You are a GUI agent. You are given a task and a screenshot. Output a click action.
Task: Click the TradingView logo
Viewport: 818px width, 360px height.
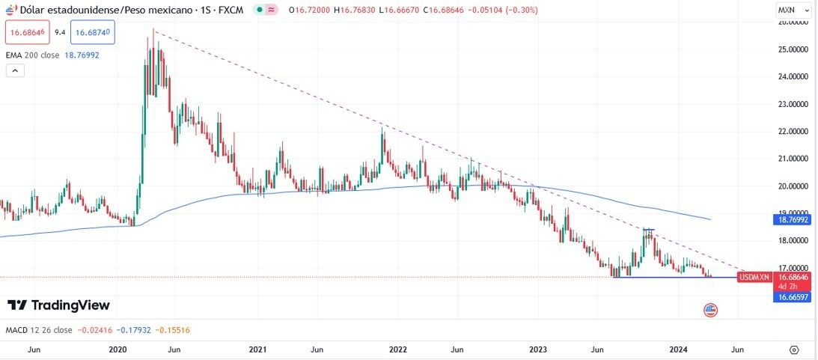58,305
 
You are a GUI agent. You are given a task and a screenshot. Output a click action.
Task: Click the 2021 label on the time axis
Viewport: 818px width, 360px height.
258,350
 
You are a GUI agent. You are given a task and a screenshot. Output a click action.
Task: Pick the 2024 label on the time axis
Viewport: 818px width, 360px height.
678,350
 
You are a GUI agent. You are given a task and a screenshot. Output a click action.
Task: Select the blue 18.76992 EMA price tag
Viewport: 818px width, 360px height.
793,221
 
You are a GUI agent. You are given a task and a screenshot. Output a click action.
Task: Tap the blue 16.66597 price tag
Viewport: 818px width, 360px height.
793,297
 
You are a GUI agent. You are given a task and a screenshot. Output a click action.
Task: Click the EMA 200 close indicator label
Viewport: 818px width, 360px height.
33,55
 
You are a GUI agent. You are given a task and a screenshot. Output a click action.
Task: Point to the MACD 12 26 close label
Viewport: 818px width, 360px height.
39,330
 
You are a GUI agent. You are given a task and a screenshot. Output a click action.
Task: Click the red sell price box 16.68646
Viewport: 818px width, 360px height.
26,33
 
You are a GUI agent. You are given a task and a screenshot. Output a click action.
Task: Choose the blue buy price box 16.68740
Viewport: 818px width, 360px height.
94,33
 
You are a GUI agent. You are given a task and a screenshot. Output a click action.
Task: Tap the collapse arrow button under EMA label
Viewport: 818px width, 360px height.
15,70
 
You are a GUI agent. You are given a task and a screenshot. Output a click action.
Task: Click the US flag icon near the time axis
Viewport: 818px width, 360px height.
711,310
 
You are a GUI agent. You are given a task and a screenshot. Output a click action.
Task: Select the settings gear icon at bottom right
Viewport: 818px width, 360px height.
794,350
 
